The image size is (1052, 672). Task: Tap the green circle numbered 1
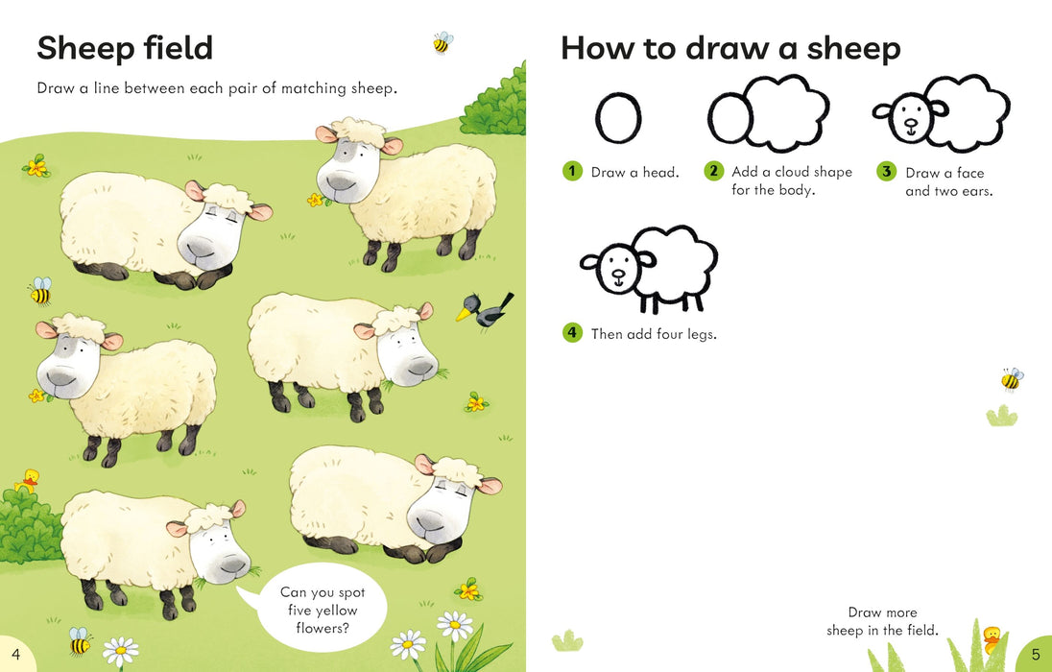pyautogui.click(x=572, y=172)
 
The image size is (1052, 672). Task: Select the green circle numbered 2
pyautogui.click(x=713, y=172)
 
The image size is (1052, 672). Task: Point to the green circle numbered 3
pyautogui.click(x=886, y=172)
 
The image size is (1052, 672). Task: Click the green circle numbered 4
pyautogui.click(x=572, y=333)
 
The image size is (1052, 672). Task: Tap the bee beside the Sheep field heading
pyautogui.click(x=442, y=42)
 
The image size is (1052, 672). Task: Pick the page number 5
pyautogui.click(x=1036, y=655)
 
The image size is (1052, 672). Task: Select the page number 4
pyautogui.click(x=15, y=655)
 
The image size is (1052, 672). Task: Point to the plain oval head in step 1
pyautogui.click(x=617, y=118)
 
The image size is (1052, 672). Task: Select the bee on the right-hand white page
pyautogui.click(x=1012, y=379)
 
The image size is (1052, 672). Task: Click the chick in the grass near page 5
pyautogui.click(x=992, y=636)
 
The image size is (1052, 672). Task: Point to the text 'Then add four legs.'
pyautogui.click(x=654, y=334)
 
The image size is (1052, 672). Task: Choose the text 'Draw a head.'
pyautogui.click(x=634, y=173)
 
